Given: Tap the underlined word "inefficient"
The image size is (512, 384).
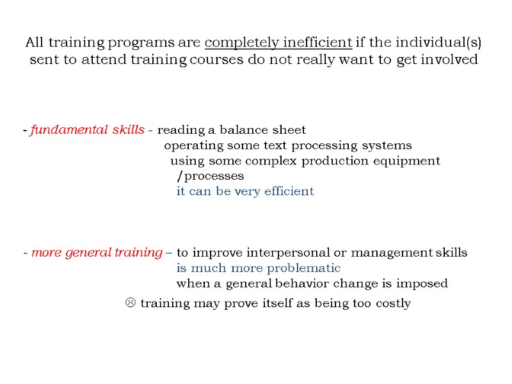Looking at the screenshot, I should tap(312, 44).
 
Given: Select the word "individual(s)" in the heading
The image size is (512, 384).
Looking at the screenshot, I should tap(444, 44).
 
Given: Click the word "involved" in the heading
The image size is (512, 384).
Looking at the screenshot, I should tap(452, 61).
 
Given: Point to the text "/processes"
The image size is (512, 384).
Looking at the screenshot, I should tap(210, 176).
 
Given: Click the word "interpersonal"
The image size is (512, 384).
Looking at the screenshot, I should tap(286, 253).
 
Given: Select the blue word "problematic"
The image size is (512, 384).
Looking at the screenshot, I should tap(303, 268).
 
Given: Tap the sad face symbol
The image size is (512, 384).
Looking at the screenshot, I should tap(128, 303).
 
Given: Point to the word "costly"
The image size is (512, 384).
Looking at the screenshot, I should tap(390, 303).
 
